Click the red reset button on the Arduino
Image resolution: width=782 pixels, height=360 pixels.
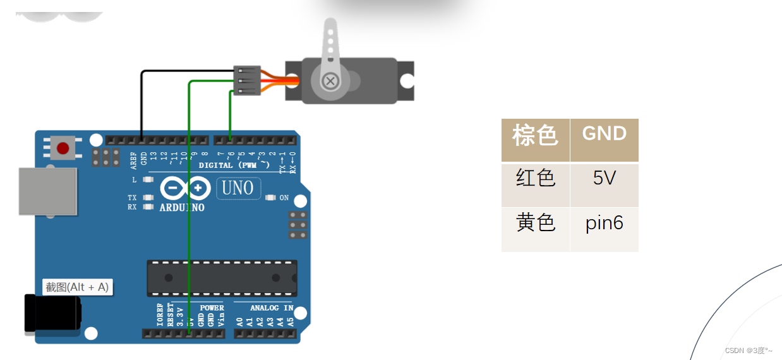pyautogui.click(x=63, y=148)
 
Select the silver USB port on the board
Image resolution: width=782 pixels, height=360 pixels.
pyautogui.click(x=47, y=191)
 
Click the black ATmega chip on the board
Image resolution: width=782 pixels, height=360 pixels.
pyautogui.click(x=222, y=278)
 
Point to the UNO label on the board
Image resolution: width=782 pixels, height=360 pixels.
pyautogui.click(x=238, y=188)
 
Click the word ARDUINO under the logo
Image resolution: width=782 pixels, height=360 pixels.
pyautogui.click(x=182, y=207)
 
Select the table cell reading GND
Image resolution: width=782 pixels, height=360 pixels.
pyautogui.click(x=604, y=134)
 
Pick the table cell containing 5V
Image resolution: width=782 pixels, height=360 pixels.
pyautogui.click(x=604, y=179)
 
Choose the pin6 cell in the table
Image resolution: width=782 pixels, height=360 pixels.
pyautogui.click(x=604, y=223)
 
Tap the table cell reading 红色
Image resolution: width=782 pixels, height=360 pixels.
pyautogui.click(x=535, y=179)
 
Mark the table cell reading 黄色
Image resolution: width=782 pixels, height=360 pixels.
pyautogui.click(x=535, y=223)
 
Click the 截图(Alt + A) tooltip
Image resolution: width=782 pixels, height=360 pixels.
pyautogui.click(x=78, y=287)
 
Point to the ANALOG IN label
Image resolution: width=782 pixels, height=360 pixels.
pyautogui.click(x=272, y=308)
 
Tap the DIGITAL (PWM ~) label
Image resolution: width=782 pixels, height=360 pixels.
pyautogui.click(x=234, y=165)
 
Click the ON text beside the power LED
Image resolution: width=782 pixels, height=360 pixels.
pyautogui.click(x=284, y=198)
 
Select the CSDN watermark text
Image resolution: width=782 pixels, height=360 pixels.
pyautogui.click(x=748, y=351)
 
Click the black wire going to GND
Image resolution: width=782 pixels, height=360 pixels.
pyautogui.click(x=141, y=101)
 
